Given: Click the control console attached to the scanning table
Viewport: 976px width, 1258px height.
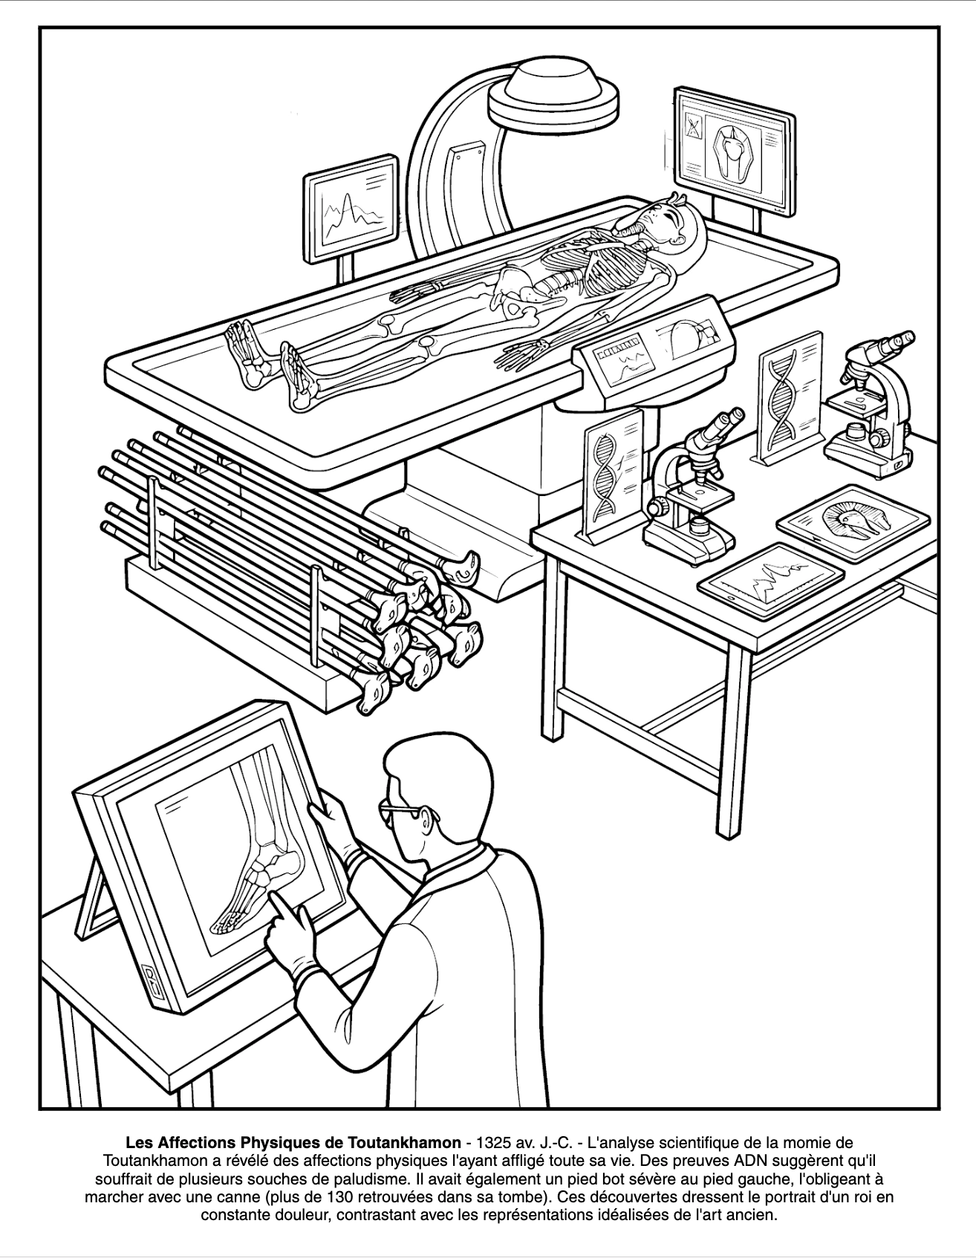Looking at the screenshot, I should tap(653, 345).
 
